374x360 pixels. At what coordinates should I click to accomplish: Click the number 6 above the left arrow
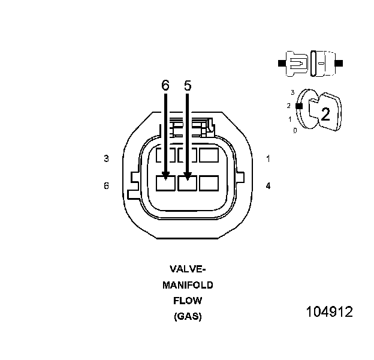[165, 86]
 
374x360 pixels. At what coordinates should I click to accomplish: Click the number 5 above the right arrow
[188, 86]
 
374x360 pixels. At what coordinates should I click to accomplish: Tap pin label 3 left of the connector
[106, 159]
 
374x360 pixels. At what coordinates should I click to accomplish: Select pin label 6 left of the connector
[106, 186]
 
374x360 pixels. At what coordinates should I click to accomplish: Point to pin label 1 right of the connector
[268, 159]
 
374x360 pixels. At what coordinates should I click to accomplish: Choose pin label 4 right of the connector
[268, 186]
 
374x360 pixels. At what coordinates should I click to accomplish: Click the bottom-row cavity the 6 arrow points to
[165, 183]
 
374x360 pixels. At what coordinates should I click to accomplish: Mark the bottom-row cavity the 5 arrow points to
[188, 183]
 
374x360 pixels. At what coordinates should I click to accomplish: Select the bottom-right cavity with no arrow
[209, 183]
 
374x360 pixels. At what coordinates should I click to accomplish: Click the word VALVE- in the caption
[188, 269]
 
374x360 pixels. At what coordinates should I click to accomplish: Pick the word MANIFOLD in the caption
[188, 285]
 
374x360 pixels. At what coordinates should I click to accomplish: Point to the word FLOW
[188, 301]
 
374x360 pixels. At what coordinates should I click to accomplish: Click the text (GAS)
[188, 316]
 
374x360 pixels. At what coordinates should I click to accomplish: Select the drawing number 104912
[329, 313]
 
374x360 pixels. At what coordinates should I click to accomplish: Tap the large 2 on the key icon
[325, 115]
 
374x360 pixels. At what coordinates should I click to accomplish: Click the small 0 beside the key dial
[294, 130]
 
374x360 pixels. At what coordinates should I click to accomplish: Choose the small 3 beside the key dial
[292, 93]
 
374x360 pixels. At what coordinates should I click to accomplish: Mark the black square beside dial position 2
[298, 106]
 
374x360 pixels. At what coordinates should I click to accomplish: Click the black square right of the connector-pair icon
[339, 62]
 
